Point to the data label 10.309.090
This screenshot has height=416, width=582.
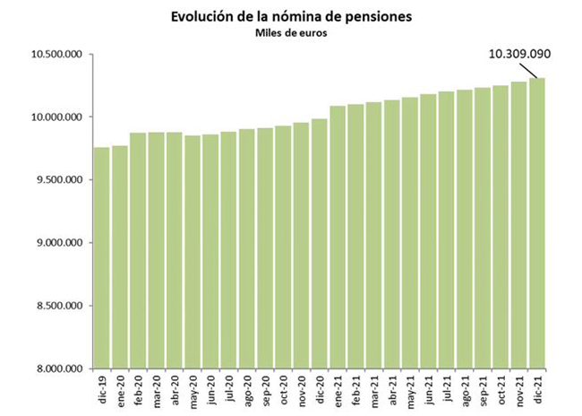pos(518,54)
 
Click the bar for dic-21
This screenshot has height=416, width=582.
pos(537,223)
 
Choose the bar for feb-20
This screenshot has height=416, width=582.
pos(139,250)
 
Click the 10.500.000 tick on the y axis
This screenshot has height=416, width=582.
pos(56,55)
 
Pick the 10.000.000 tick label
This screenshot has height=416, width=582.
pos(56,117)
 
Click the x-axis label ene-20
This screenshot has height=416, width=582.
pos(120,388)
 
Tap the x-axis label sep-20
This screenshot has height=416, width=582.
pos(265,388)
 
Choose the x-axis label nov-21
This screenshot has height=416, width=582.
pos(518,388)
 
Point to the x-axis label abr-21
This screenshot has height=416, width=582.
pos(392,388)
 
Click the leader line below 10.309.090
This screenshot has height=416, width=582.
pos(530,70)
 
